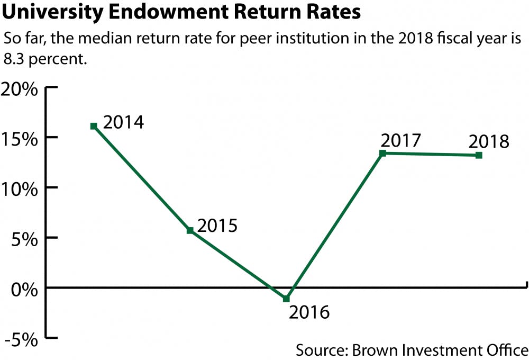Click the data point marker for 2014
[94, 126]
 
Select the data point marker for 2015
[190, 230]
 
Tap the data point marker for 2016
[286, 299]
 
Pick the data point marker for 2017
[382, 153]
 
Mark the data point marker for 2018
[479, 155]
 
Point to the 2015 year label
[217, 226]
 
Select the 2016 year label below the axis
[309, 312]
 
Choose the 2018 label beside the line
[488, 142]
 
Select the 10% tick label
[20, 188]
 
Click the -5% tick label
[21, 339]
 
